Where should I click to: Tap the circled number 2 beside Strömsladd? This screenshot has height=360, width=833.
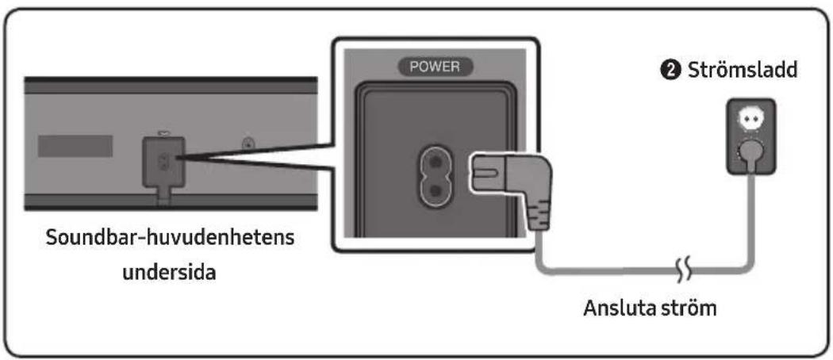[x=674, y=71]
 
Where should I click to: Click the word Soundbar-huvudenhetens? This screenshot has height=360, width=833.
[x=170, y=238]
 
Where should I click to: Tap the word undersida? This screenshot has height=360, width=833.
[x=170, y=273]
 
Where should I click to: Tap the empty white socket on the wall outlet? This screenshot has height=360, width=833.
[x=749, y=121]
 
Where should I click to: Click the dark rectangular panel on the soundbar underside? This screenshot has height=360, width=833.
[x=75, y=145]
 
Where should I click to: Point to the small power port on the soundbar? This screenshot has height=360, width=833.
[x=163, y=162]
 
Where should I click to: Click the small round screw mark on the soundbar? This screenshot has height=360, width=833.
[x=247, y=144]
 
